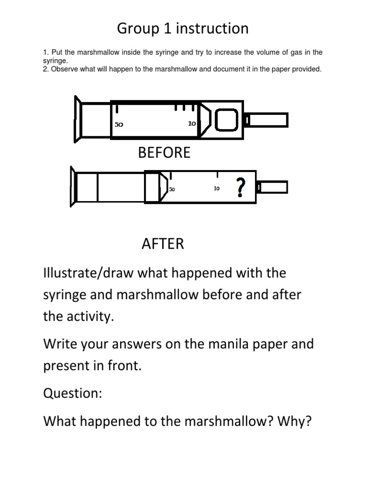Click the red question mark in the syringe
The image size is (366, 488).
pos(241,187)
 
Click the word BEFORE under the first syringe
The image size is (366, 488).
pos(164,152)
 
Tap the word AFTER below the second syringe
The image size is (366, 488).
pos(163,244)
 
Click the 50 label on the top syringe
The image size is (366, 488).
pos(119,124)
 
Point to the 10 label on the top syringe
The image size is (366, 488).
pos(192,123)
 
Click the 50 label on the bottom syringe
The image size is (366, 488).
pos(172,189)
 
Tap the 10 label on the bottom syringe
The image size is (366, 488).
pos(216,189)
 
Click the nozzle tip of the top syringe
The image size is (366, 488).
pos(268,120)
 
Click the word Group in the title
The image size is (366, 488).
pos(139,29)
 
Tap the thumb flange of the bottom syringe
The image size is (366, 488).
pos(74,186)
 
